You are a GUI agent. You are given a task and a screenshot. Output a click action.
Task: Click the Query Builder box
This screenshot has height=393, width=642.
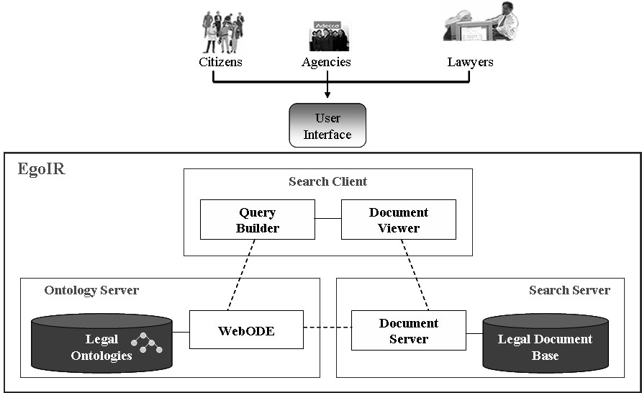pos(257,220)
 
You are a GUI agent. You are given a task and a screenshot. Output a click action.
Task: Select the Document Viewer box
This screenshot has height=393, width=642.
pos(398,220)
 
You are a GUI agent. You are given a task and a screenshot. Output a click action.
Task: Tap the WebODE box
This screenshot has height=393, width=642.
pos(246,330)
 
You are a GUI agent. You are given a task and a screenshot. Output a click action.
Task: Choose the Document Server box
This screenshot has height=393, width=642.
pos(408,330)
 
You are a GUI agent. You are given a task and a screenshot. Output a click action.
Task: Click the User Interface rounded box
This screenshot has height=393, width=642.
pos(327,126)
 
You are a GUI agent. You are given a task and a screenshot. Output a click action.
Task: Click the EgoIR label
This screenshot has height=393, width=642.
pos(41,170)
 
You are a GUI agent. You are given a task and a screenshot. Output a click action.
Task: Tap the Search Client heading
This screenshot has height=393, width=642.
pos(327,181)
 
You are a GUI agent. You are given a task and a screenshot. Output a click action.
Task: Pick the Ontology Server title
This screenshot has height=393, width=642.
pos(91,290)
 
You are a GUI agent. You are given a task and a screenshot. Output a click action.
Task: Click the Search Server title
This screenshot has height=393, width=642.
pos(569,290)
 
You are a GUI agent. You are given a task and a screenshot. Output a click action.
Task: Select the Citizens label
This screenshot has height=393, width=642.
pos(220,62)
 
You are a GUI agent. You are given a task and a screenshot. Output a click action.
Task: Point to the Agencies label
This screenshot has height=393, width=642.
pos(326,62)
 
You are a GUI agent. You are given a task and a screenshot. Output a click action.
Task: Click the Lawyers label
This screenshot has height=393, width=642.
pos(470,62)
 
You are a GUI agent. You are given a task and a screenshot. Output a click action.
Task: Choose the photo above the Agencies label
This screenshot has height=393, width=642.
pos(329,37)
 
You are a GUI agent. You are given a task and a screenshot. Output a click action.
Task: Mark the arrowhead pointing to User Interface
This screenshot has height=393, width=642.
pos(327,94)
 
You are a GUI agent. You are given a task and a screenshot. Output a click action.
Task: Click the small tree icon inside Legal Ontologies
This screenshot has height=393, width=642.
pos(147,343)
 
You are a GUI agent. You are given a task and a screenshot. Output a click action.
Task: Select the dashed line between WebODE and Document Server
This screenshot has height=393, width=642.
pos(327,330)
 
